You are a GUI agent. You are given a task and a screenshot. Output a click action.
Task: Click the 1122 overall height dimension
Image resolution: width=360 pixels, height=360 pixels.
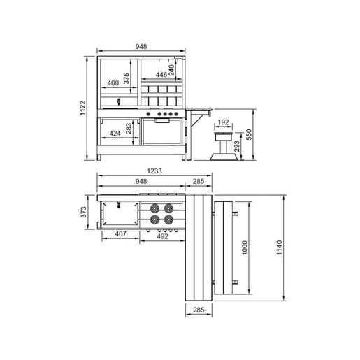point(83,108)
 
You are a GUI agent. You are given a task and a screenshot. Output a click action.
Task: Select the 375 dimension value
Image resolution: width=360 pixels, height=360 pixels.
point(126,78)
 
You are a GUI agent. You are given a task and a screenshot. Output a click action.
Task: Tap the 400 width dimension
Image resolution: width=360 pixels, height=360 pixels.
point(113,83)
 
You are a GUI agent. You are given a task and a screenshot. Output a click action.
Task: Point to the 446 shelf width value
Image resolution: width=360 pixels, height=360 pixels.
point(161,75)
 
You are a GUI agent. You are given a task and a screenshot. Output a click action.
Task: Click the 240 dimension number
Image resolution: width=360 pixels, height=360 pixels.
point(171,70)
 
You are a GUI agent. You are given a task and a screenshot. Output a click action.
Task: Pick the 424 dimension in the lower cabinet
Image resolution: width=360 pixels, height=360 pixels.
point(115,134)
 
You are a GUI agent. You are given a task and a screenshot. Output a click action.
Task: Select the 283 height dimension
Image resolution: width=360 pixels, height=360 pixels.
point(129,129)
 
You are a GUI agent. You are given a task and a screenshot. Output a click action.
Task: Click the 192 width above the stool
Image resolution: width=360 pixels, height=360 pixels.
point(223,122)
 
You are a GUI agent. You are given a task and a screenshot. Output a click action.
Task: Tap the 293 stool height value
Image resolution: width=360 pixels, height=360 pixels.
point(237,146)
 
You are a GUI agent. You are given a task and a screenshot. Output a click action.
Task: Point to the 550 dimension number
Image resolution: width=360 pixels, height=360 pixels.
point(249,134)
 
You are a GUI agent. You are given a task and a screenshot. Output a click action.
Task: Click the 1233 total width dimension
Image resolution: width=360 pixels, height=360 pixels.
point(154,171)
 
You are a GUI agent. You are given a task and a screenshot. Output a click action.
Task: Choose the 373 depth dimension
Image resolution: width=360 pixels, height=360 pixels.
point(83,212)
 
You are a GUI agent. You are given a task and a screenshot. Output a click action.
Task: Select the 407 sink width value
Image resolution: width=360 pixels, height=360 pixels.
point(121,233)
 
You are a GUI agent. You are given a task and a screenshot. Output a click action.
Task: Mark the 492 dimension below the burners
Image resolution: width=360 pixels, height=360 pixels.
point(162,236)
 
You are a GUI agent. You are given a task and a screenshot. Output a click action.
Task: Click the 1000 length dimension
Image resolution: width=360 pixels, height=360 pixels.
point(245,248)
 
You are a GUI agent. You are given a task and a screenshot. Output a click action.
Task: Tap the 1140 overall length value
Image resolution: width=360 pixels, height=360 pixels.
point(279,247)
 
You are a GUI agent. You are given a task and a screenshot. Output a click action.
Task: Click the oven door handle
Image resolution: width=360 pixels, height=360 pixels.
point(162,120)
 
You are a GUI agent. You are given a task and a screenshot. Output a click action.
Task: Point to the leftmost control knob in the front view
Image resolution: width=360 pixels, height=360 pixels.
point(148,114)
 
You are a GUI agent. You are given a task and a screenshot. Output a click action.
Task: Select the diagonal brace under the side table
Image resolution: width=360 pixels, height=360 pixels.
point(197,120)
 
